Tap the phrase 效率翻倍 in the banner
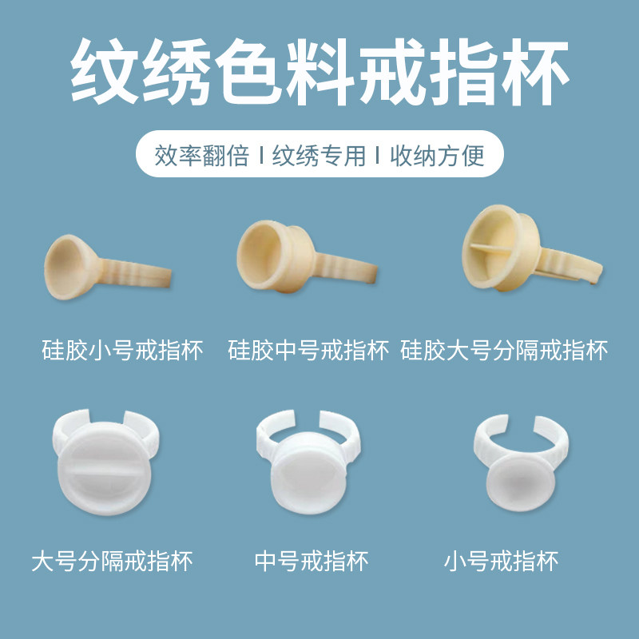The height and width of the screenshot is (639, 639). click(x=203, y=155)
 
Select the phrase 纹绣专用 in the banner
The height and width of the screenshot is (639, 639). click(x=319, y=155)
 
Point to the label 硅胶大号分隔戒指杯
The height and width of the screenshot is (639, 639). click(x=504, y=350)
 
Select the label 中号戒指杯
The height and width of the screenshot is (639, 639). click(x=312, y=561)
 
